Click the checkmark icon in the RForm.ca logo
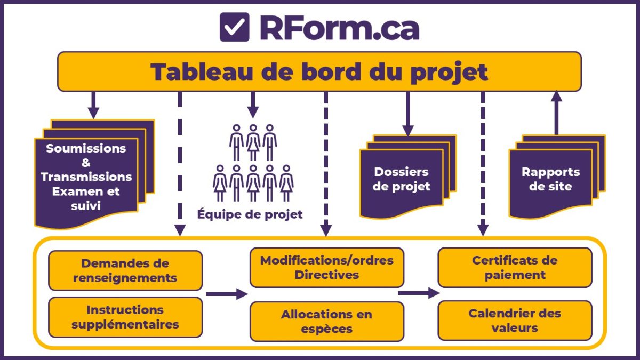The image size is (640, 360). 235,27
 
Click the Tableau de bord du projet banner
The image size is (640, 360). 319,71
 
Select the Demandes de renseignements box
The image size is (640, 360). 125,270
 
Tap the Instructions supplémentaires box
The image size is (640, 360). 125,317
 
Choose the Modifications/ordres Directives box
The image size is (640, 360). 326,267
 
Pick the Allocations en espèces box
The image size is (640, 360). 326,321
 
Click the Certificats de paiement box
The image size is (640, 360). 515,267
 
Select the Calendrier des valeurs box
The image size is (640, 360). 515,320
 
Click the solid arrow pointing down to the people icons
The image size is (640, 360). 253,105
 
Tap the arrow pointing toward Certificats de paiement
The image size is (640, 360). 419,293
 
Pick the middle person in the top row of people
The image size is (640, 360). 253,142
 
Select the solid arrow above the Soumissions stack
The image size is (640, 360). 94,105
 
